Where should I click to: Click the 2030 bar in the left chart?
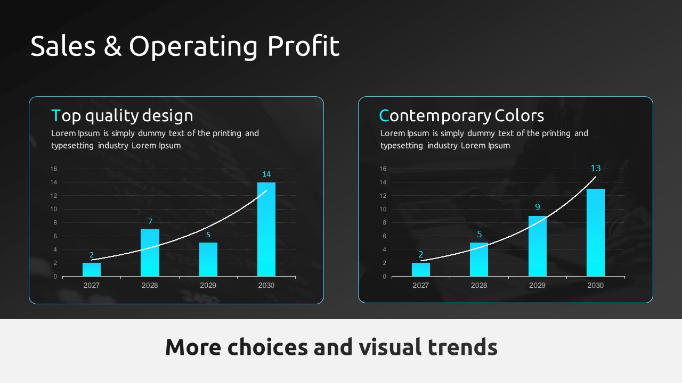click(x=266, y=229)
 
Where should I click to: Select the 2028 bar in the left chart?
click(x=150, y=253)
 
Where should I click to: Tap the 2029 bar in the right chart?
click(x=538, y=246)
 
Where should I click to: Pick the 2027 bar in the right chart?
click(x=421, y=270)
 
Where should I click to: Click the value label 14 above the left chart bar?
click(x=266, y=174)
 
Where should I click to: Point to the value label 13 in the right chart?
click(x=596, y=168)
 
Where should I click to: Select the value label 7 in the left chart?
click(x=150, y=221)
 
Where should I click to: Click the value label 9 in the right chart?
click(x=538, y=207)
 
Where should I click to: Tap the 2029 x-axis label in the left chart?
click(x=208, y=286)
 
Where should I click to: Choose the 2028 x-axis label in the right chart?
click(x=479, y=286)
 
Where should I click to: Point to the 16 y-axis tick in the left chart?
click(x=54, y=169)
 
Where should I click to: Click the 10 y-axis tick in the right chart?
click(x=383, y=209)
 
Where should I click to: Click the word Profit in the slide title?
click(x=303, y=46)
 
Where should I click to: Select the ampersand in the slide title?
click(x=112, y=46)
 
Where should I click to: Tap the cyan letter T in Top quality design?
click(x=56, y=115)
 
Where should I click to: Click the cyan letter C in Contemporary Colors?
click(x=384, y=115)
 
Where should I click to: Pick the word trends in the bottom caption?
click(x=462, y=347)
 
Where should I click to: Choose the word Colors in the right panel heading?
click(x=519, y=115)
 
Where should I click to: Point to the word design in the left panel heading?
click(x=167, y=115)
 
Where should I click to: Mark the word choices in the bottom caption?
click(x=267, y=347)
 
